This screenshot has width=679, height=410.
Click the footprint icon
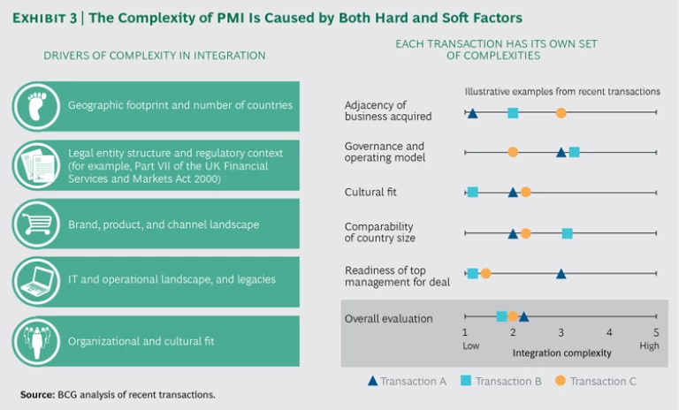pos(36,106)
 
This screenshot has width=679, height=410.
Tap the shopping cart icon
pos(36,224)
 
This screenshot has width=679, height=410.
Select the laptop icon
pos(36,280)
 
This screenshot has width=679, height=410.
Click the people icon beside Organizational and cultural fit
pos(36,341)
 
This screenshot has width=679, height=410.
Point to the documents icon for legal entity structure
pos(36,164)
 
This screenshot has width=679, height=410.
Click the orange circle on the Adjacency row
pos(561,112)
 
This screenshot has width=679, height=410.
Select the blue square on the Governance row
pos(574,152)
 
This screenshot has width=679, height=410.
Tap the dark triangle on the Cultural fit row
pos(513,192)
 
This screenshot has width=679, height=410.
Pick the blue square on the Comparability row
pos(567,233)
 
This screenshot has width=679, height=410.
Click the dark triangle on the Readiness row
pos(561,274)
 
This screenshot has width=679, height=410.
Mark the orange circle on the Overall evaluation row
pos(513,316)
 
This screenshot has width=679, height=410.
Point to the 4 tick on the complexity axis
pos(608,331)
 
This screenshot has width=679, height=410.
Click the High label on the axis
pos(650,345)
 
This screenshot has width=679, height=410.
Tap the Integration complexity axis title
pos(561,353)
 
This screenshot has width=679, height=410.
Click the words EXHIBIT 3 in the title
pos(52,17)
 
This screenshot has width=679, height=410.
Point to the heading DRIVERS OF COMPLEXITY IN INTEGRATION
pos(155,56)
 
